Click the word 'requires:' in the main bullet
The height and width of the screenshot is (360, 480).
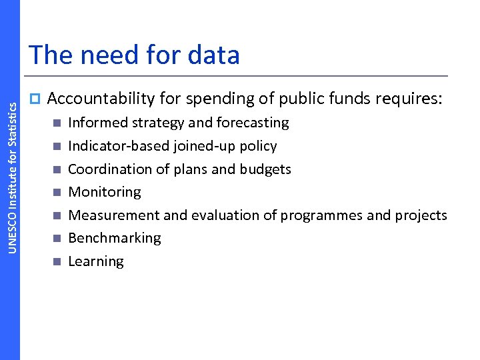(x=409, y=99)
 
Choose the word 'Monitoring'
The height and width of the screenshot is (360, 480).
(x=105, y=193)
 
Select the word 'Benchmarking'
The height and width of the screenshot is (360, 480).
(x=115, y=239)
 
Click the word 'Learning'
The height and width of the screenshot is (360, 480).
(x=96, y=262)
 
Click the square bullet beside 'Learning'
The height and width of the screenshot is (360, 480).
(x=57, y=261)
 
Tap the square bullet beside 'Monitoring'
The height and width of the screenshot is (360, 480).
(x=57, y=193)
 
